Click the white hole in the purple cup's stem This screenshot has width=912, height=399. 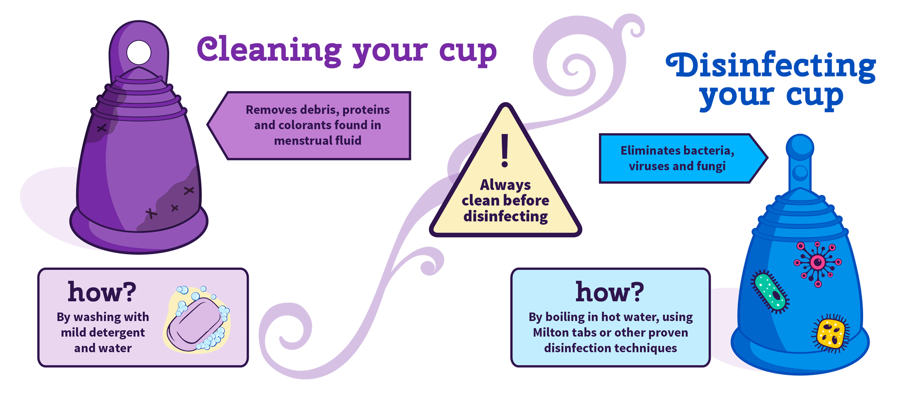[139, 52]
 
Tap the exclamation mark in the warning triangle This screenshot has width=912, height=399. [505, 150]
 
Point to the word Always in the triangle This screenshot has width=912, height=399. [505, 184]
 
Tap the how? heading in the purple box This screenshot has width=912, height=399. [102, 292]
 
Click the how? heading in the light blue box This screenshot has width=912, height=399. [610, 292]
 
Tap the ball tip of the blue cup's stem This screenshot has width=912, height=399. [800, 145]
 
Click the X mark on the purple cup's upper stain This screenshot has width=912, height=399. [102, 128]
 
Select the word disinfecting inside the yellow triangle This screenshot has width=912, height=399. [505, 217]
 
